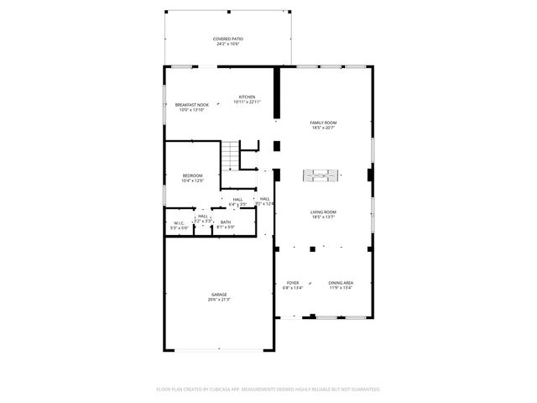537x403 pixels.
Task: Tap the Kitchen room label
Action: coord(247,97)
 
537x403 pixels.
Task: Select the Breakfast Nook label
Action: coord(192,104)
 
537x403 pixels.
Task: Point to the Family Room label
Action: coord(323,123)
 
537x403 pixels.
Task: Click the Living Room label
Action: coord(323,212)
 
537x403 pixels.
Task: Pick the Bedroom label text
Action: coord(192,175)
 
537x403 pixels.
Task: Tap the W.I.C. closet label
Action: coord(179,222)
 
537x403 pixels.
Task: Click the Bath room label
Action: coord(226,222)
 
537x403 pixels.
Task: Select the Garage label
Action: coord(219,295)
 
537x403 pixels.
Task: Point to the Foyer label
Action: coord(293,283)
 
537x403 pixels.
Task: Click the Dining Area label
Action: coord(341,283)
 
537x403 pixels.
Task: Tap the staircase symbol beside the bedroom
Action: coord(230,155)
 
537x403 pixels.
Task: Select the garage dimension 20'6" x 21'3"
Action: coord(219,300)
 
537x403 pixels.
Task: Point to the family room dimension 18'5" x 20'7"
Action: coord(323,128)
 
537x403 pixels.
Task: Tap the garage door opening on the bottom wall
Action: coord(219,350)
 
